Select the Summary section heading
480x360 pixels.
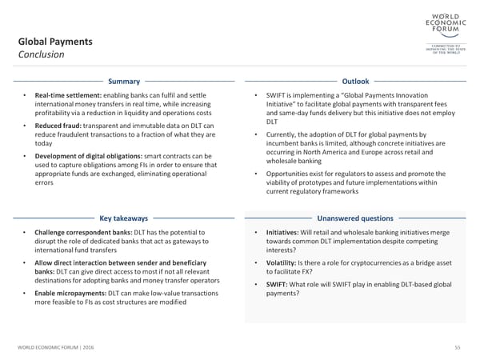pyautogui.click(x=125, y=82)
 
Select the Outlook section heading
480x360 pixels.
pyautogui.click(x=355, y=82)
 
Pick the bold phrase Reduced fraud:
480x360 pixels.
pyautogui.click(x=60, y=125)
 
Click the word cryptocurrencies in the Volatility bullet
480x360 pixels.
pyautogui.click(x=373, y=263)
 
